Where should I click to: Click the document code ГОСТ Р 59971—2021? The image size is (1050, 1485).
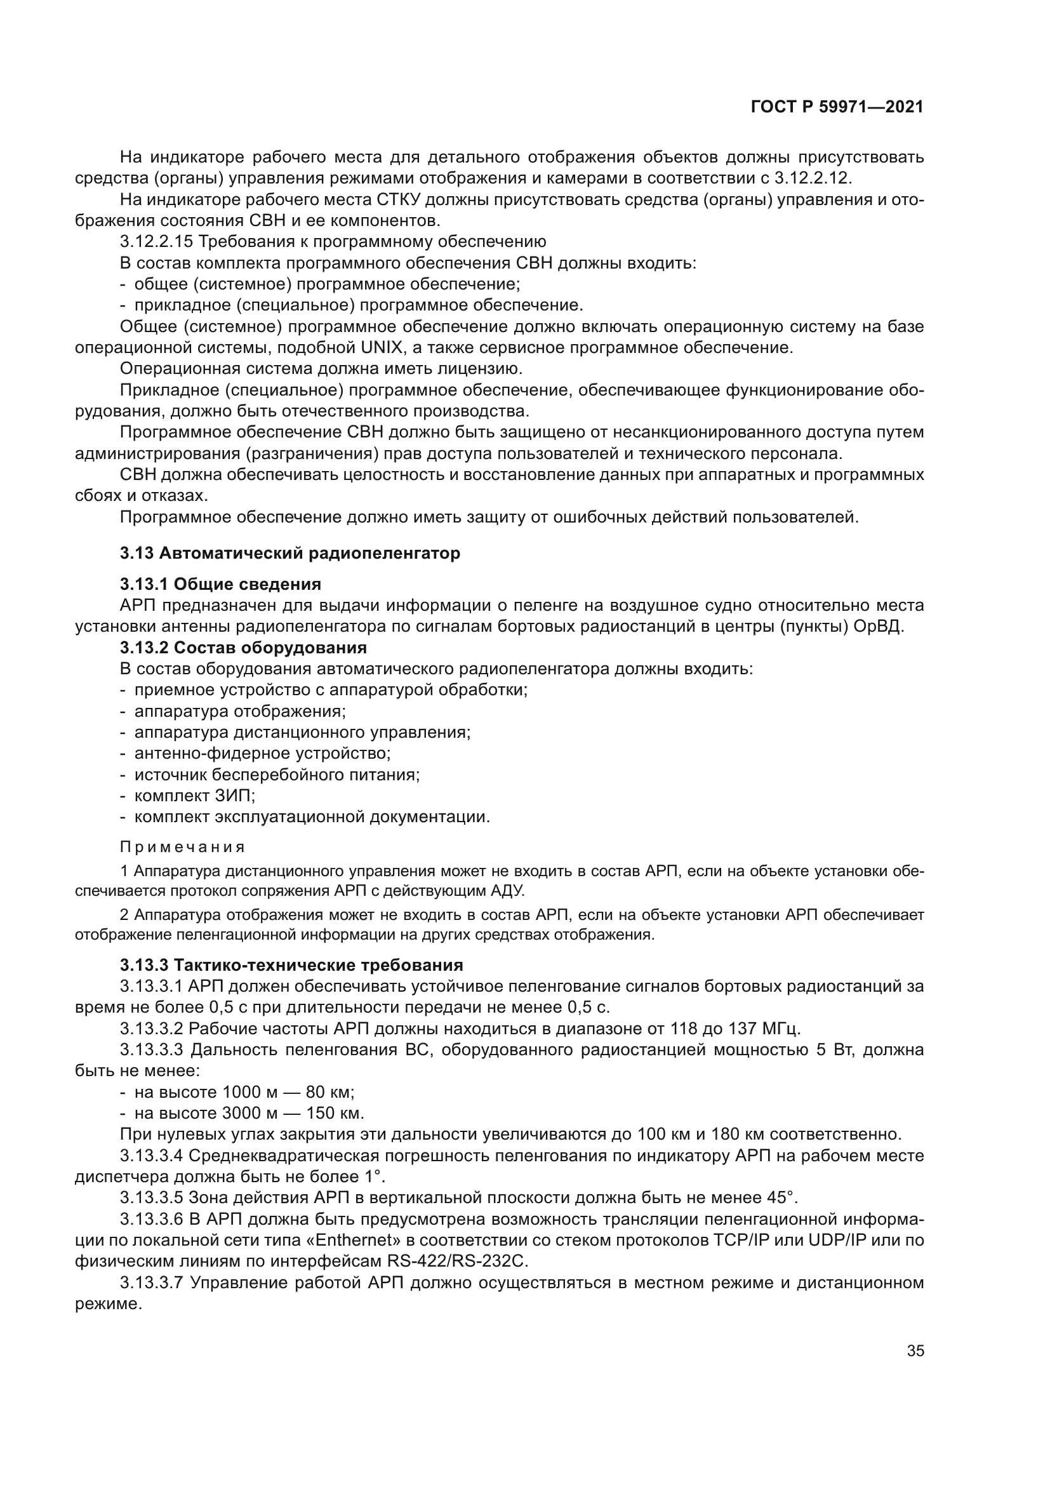click(837, 107)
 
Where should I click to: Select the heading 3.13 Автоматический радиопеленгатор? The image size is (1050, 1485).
click(290, 553)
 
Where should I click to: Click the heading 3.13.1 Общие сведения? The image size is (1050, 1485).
click(220, 584)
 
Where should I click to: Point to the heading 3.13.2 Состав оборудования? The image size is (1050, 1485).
click(243, 648)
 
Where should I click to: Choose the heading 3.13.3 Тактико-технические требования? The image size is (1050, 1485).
click(291, 965)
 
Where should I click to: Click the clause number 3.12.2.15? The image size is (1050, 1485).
click(156, 242)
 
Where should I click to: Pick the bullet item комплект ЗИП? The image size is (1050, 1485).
click(195, 796)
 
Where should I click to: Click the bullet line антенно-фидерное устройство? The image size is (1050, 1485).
click(262, 754)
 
